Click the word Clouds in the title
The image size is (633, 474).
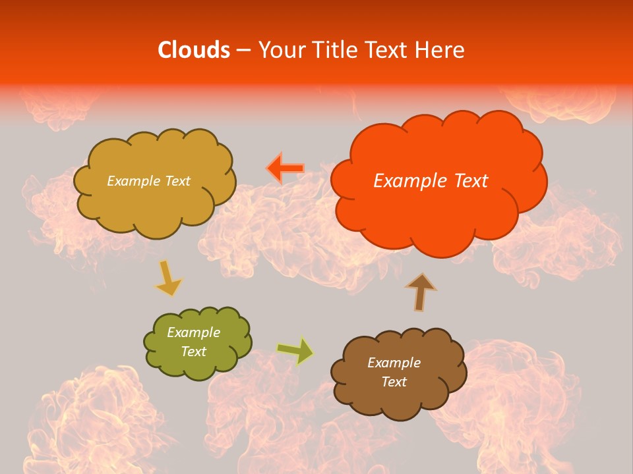194,50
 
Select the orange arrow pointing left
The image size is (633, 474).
286,169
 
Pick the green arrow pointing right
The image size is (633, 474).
295,351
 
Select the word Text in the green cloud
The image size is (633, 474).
194,352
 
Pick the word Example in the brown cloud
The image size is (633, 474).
394,363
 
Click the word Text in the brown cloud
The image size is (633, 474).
394,382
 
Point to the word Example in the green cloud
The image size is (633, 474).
194,332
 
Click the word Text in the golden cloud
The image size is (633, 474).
177,181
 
